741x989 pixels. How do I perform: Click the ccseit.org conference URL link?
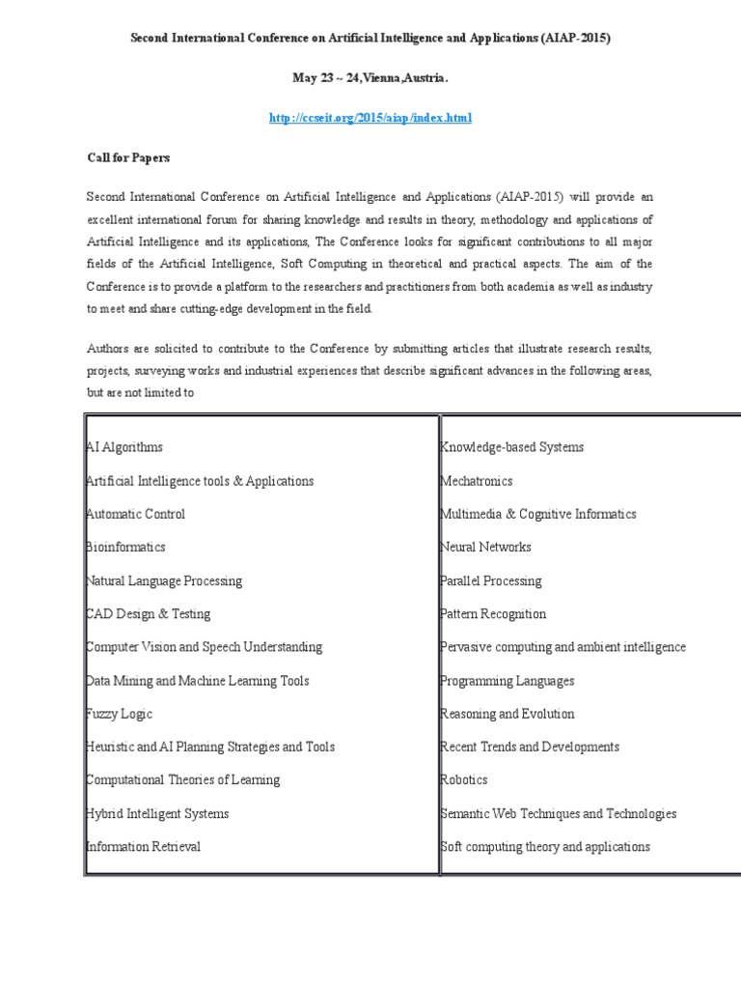coord(370,117)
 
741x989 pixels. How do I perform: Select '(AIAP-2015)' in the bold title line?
coord(574,38)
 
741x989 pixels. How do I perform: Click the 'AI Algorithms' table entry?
coord(124,447)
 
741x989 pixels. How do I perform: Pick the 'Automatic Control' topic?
coord(135,514)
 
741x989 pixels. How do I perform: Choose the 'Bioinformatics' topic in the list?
coord(125,547)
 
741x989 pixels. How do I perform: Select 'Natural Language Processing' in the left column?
coord(164,580)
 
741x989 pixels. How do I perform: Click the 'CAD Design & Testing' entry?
coord(148,613)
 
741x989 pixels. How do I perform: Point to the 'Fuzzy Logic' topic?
coord(119,714)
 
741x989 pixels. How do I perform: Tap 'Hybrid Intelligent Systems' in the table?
coord(157,813)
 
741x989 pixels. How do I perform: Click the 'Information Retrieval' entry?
coord(144,847)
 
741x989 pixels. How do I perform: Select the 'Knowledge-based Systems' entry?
coord(511,447)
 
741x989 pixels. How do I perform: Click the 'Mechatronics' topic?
coord(477,481)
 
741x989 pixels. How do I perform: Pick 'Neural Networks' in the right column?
coord(485,547)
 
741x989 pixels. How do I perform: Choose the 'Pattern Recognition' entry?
coord(493,613)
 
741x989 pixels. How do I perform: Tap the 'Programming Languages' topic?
coord(507,681)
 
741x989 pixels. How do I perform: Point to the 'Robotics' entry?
coord(464,779)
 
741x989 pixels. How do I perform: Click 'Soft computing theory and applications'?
coord(545,847)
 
